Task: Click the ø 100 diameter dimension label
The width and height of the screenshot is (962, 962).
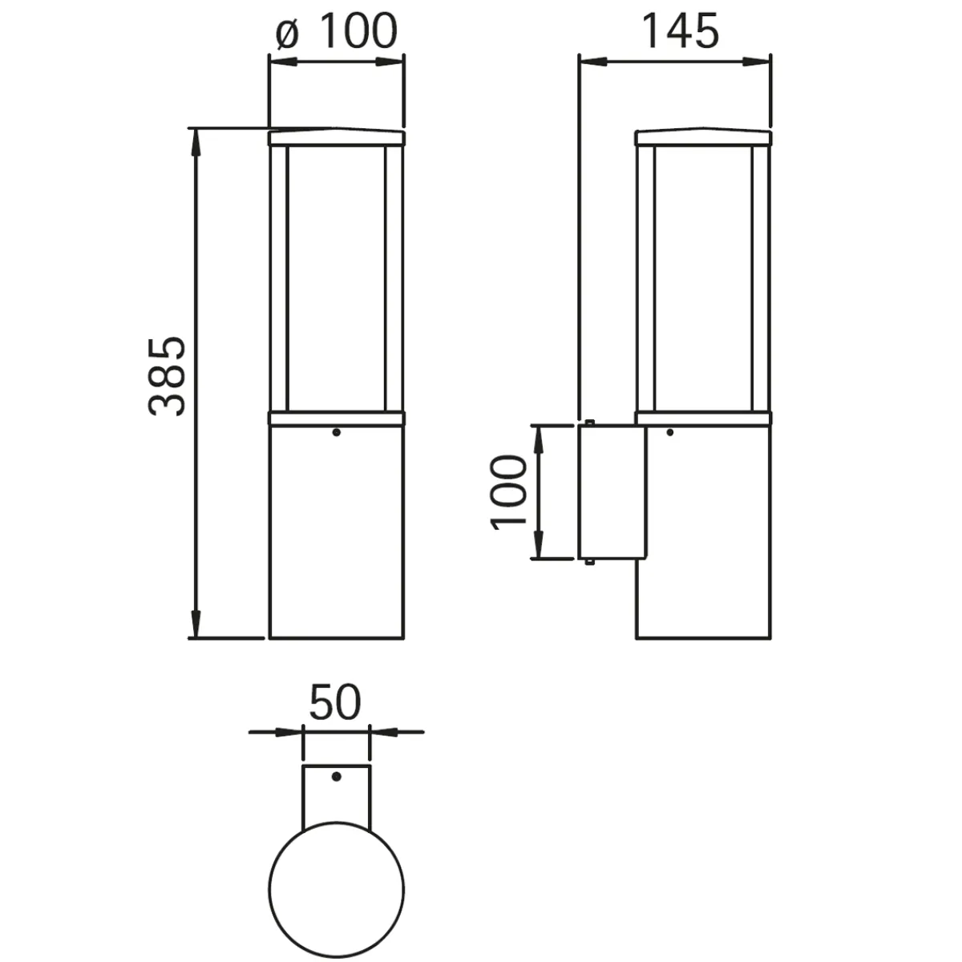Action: (x=337, y=31)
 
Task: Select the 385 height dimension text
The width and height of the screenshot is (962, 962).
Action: (x=168, y=377)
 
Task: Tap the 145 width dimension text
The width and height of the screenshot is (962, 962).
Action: (x=681, y=31)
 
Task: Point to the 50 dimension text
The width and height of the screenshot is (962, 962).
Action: (x=334, y=702)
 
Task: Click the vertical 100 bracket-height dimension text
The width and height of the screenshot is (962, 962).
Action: (x=509, y=493)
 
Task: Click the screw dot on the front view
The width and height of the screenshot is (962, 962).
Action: (x=336, y=432)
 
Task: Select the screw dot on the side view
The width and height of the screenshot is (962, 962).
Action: (x=669, y=432)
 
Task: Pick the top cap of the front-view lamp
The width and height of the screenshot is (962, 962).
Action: (x=337, y=137)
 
